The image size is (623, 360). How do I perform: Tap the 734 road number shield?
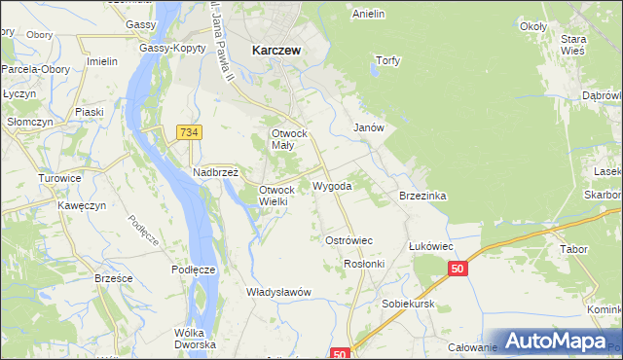click(x=189, y=130)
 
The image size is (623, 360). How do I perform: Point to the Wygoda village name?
click(x=332, y=185)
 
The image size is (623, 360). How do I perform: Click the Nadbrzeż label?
click(x=215, y=171)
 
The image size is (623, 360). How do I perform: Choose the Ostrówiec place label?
click(x=348, y=239)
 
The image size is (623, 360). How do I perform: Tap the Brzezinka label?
click(x=422, y=196)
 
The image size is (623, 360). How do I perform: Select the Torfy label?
click(x=388, y=60)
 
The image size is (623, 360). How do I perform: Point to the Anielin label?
click(x=369, y=14)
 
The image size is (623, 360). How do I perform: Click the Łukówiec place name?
click(x=431, y=246)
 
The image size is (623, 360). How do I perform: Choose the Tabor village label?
click(x=573, y=249)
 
